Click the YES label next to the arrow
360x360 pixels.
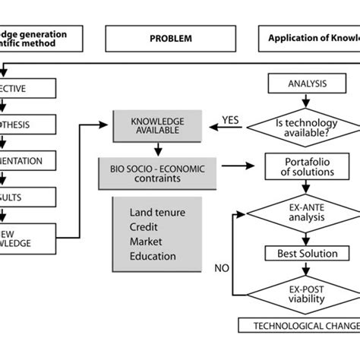pyautogui.click(x=232, y=118)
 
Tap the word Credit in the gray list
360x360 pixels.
pyautogui.click(x=144, y=226)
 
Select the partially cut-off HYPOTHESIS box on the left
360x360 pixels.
pyautogui.click(x=28, y=125)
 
